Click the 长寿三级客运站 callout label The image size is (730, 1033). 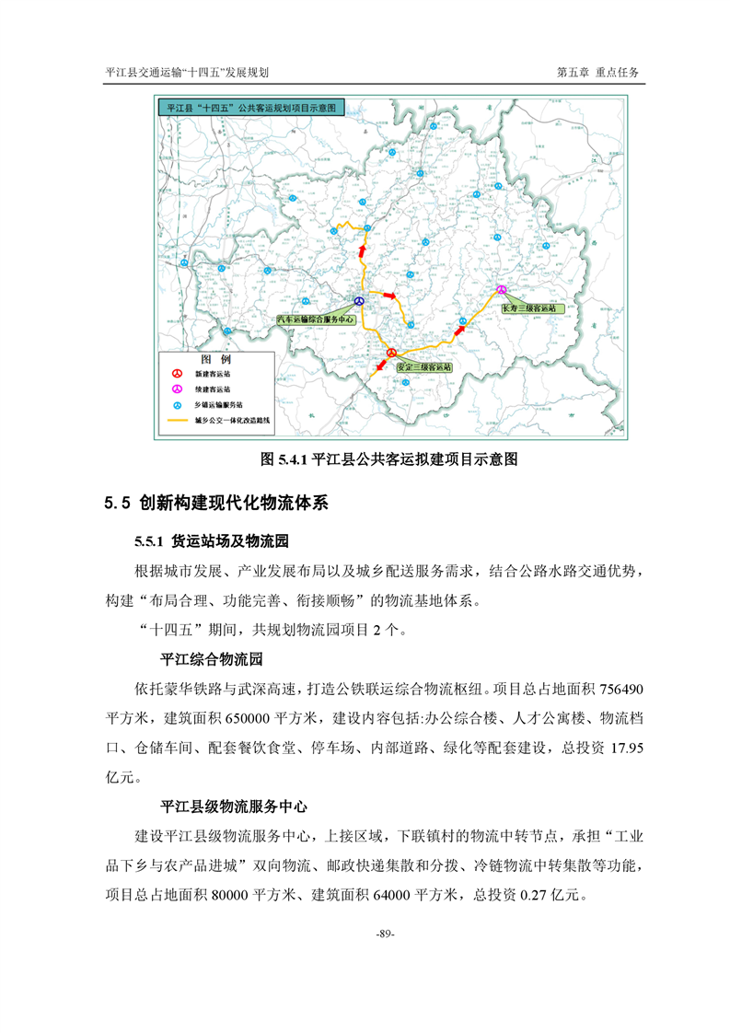(528, 308)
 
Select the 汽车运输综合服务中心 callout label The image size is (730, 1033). (316, 319)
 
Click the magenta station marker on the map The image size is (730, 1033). (502, 289)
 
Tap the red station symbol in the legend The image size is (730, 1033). (178, 375)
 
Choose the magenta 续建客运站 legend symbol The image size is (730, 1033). (178, 390)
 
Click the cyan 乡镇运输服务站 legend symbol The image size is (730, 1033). (178, 405)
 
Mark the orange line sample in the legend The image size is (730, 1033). (178, 420)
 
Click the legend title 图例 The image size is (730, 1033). (216, 358)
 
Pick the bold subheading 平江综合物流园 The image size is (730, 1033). (212, 659)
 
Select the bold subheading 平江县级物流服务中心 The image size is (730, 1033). (233, 806)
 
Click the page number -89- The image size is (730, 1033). (386, 935)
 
